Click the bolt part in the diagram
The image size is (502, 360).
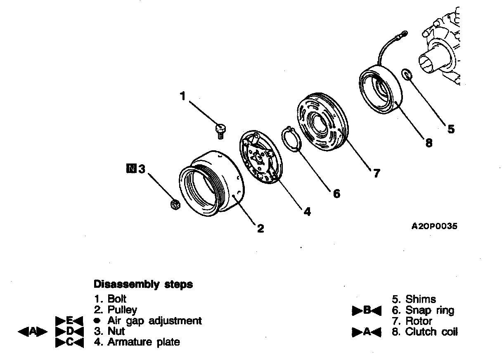coord(220,129)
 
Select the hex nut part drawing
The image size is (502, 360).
coord(174,204)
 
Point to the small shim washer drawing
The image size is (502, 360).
coord(407,75)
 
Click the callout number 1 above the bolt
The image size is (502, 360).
coord(183,96)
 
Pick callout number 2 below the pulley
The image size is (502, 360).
coord(260,228)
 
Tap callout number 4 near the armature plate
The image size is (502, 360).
coord(307,212)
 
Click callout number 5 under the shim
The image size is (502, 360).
coord(451,129)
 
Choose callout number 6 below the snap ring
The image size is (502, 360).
coord(336,193)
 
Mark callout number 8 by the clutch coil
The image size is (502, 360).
coord(429,143)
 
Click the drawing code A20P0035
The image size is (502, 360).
coord(435,226)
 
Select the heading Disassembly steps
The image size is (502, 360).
coord(143,284)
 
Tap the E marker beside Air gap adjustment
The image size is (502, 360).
coord(69,320)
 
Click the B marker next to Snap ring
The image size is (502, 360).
coord(366,310)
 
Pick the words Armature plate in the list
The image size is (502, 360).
coord(144,342)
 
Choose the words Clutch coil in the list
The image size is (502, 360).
coord(431,332)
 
